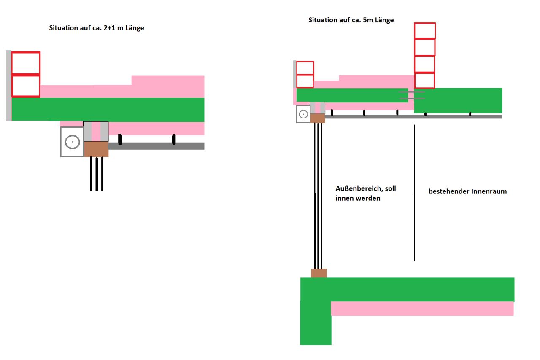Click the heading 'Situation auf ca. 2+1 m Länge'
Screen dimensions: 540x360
click(x=97, y=28)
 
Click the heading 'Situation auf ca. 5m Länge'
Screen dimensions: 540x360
click(x=351, y=20)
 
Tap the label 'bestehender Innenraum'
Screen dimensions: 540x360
click(x=468, y=191)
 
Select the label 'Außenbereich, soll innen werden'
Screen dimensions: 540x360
click(x=366, y=193)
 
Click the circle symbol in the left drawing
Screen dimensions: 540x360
click(x=72, y=142)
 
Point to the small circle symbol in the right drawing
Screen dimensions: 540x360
click(x=303, y=114)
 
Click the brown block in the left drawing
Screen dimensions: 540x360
click(x=96, y=149)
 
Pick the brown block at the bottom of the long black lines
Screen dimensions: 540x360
click(x=319, y=273)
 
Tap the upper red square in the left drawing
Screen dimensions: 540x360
click(x=26, y=63)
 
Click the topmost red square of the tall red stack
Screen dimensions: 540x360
click(x=425, y=31)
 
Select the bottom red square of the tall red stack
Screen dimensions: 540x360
click(x=425, y=81)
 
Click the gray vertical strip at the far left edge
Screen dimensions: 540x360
click(x=8, y=86)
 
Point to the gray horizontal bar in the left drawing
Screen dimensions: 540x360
click(x=156, y=146)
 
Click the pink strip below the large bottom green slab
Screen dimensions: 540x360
click(x=422, y=309)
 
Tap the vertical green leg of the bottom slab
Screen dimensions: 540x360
click(x=316, y=323)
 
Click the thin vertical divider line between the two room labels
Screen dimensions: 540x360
click(x=414, y=193)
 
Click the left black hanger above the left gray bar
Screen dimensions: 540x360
click(x=120, y=139)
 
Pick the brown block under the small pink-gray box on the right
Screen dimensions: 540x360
click(x=318, y=118)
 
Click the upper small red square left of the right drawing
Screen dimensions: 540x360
click(x=305, y=68)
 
